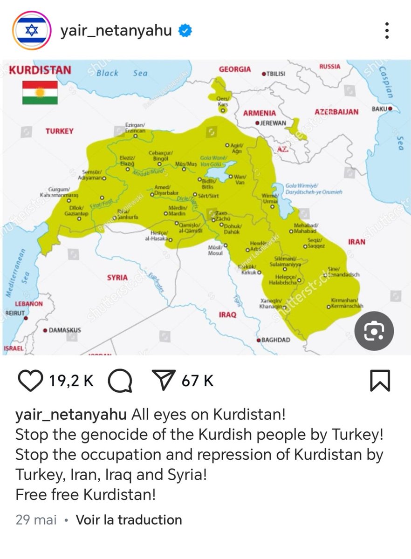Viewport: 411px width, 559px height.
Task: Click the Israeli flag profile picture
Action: (x=32, y=31)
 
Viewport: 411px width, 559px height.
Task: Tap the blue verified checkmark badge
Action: (x=185, y=31)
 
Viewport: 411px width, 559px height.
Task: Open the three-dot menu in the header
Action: (x=386, y=31)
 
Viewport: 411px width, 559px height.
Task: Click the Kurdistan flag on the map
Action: (x=40, y=92)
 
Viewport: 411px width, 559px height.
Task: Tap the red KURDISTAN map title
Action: (x=41, y=70)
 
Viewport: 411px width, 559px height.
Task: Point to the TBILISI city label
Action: (x=275, y=74)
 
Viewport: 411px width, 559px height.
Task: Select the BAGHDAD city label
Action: (x=275, y=340)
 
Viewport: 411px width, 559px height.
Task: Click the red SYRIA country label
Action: (x=117, y=278)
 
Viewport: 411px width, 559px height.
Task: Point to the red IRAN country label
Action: (x=356, y=242)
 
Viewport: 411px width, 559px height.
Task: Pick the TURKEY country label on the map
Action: (x=59, y=131)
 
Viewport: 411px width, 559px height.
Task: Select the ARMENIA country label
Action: (x=259, y=113)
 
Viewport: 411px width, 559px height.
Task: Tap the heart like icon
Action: (x=31, y=381)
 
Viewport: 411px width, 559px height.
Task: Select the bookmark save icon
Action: (x=379, y=381)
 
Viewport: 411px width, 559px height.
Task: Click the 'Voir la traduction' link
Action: (x=129, y=519)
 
